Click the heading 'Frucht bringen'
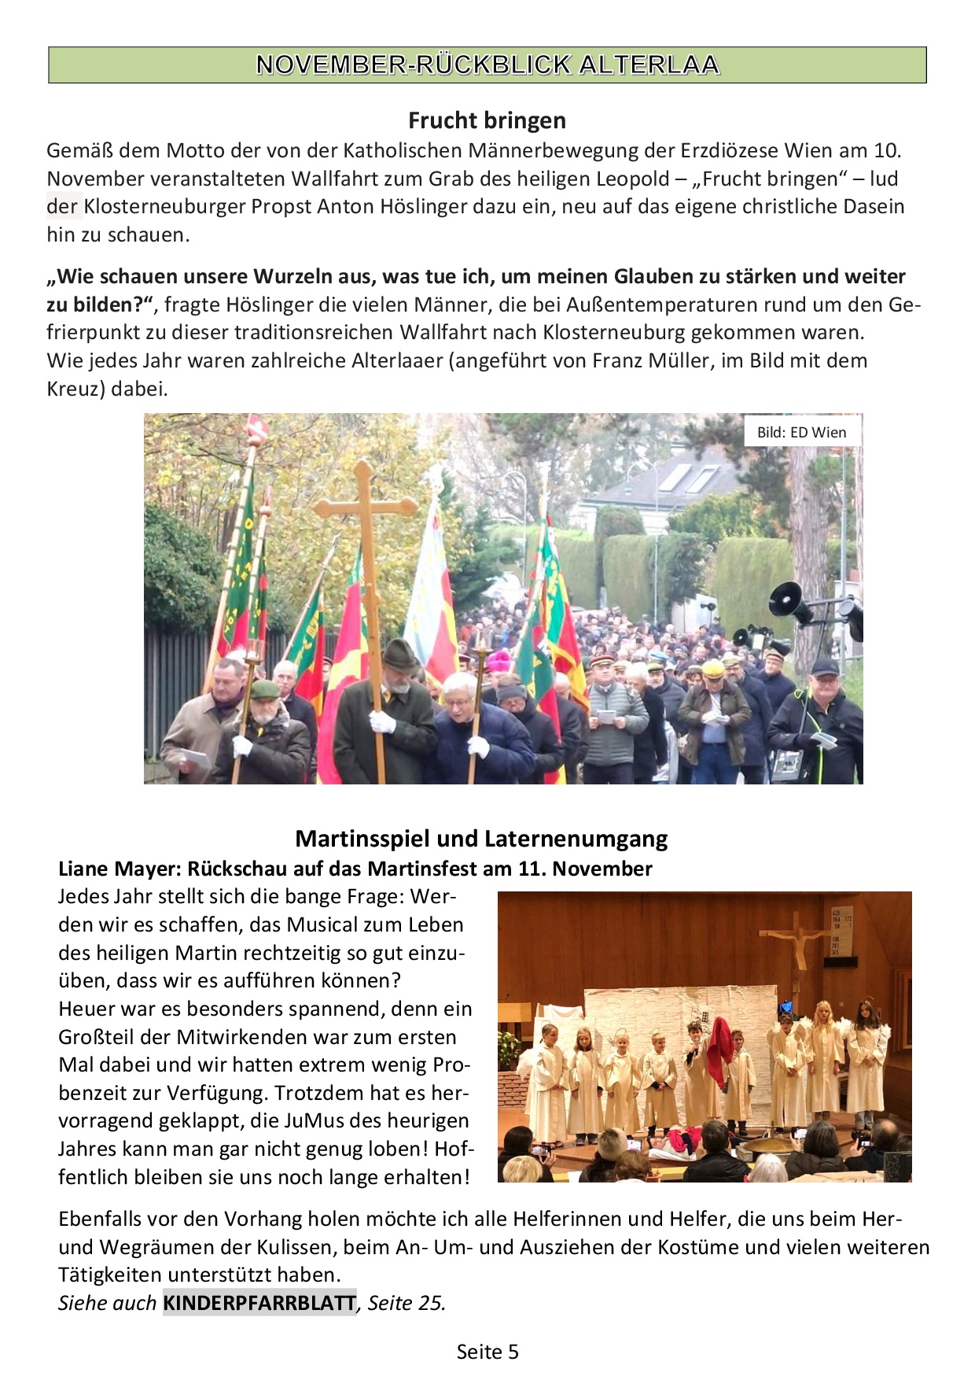coord(487,120)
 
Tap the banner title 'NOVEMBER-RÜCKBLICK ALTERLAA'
coord(487,65)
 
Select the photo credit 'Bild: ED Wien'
coord(801,432)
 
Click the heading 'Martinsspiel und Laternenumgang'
coord(481,839)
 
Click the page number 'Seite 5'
coord(487,1352)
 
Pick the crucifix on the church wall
coord(797,940)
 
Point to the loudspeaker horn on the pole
coord(789,601)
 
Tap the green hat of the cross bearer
coord(399,654)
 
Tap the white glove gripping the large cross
coord(382,721)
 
